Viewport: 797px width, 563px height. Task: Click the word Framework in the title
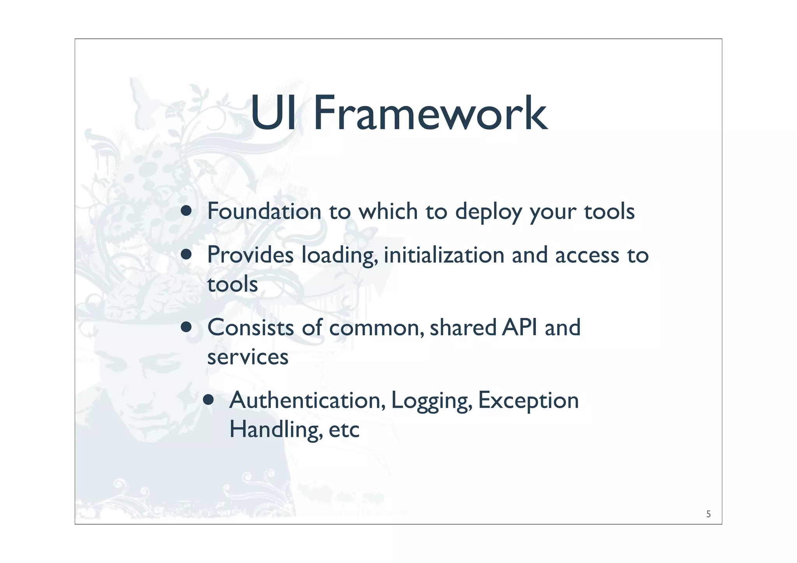tap(430, 114)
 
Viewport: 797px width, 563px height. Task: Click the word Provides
tap(250, 255)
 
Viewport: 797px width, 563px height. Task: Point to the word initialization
tap(444, 255)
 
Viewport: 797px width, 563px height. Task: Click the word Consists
tap(250, 327)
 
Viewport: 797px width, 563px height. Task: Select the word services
tap(248, 357)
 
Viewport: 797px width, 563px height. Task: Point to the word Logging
tap(430, 401)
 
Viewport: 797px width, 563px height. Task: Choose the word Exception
tap(528, 401)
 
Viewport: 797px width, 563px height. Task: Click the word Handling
tap(275, 430)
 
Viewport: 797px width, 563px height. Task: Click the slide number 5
tap(708, 514)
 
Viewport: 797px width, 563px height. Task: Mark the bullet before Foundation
tap(186, 210)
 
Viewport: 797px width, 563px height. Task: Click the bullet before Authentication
tap(209, 400)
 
